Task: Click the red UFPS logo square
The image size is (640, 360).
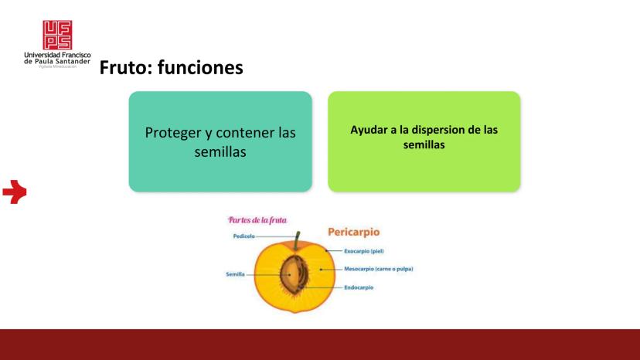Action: pos(57,35)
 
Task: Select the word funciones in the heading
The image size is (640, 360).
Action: pos(200,67)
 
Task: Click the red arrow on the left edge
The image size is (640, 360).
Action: pos(15,192)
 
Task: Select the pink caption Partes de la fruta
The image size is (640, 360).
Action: pos(257,220)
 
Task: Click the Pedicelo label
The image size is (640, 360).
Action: pos(243,236)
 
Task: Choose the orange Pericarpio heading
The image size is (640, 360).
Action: pos(354,232)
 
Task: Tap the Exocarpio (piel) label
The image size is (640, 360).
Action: pos(364,251)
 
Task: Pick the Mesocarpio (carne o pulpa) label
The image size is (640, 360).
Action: pos(379,269)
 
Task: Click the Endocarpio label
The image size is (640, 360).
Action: pos(359,287)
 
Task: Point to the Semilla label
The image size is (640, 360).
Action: pos(235,274)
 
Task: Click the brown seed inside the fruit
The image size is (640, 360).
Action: pos(292,275)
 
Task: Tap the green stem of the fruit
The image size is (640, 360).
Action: pos(297,240)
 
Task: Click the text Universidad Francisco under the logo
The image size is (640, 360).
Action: pos(57,55)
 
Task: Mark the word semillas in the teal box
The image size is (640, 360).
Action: pos(220,152)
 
